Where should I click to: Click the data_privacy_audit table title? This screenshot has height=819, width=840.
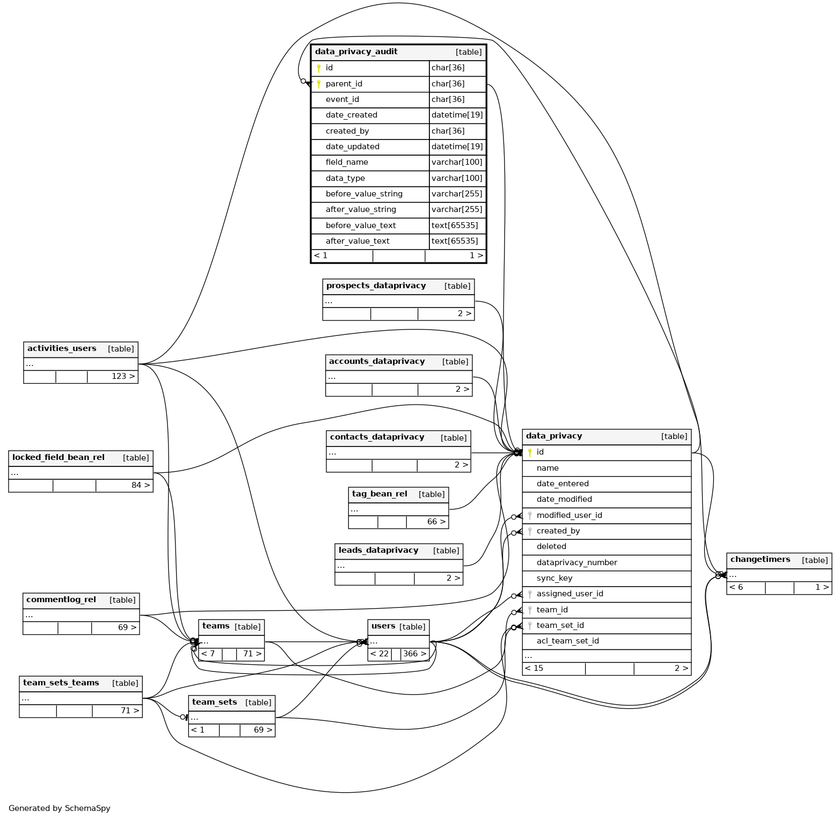(356, 52)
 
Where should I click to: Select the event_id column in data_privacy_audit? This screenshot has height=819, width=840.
(342, 99)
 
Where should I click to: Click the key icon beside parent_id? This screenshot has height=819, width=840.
(319, 84)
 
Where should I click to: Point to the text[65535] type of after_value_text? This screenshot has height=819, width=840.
(455, 241)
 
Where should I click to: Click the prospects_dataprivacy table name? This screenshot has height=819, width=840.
(376, 286)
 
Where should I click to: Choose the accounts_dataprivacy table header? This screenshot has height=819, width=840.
(377, 362)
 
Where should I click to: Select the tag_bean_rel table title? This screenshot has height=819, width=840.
(379, 494)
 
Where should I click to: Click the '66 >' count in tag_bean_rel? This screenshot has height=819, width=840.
(436, 522)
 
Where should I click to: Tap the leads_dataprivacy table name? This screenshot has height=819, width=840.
(378, 551)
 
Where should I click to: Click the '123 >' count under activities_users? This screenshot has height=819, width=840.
(123, 376)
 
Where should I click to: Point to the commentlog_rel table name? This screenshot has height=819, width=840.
(61, 600)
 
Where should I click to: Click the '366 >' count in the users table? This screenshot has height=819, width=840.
(414, 654)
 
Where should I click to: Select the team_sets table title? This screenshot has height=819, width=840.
(215, 703)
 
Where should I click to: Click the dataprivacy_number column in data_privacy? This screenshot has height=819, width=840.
(576, 562)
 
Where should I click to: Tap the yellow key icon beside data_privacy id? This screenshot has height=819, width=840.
(530, 452)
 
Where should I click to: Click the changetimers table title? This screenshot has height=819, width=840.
(760, 560)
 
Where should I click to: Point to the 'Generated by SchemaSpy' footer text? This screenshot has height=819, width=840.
(60, 808)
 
